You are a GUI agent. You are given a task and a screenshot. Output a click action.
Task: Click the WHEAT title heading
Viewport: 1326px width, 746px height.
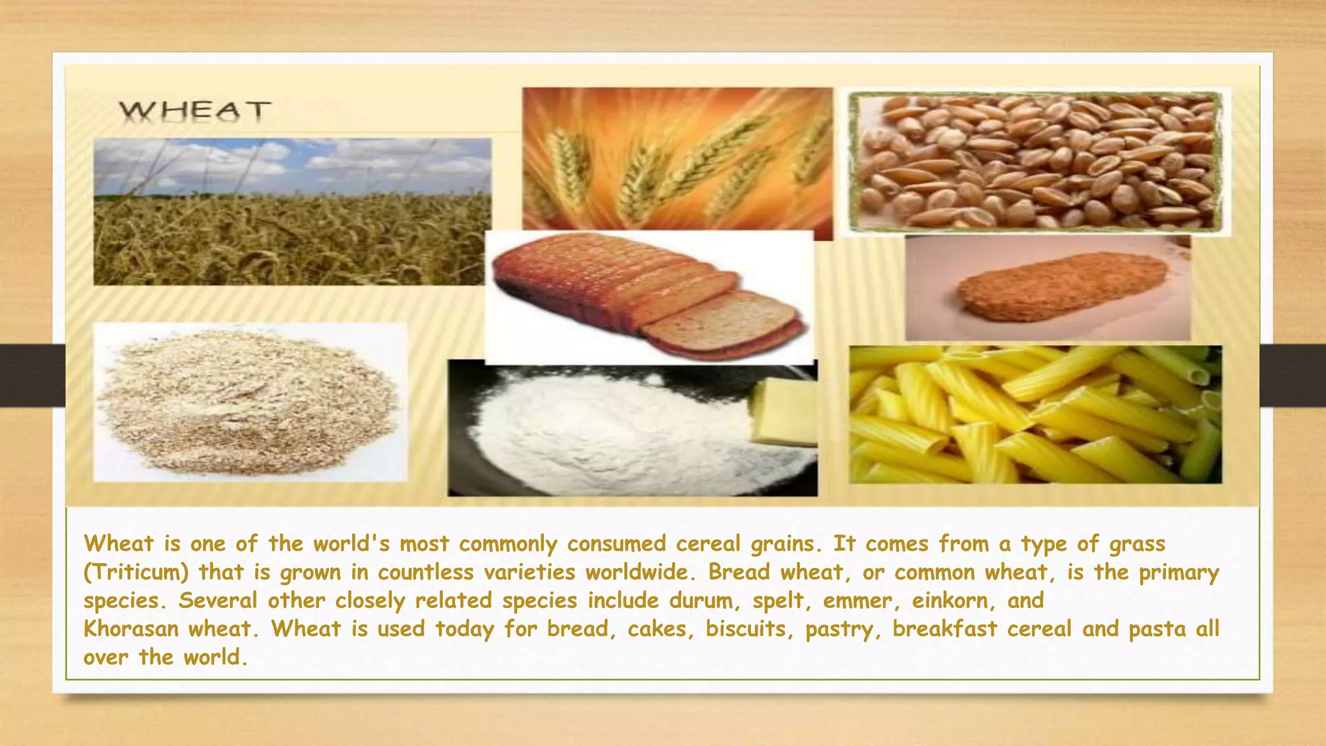tap(194, 111)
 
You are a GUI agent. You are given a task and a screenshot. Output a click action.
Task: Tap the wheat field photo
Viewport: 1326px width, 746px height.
tap(292, 212)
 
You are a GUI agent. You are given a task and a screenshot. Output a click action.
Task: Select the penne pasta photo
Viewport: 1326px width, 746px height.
tap(1035, 414)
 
